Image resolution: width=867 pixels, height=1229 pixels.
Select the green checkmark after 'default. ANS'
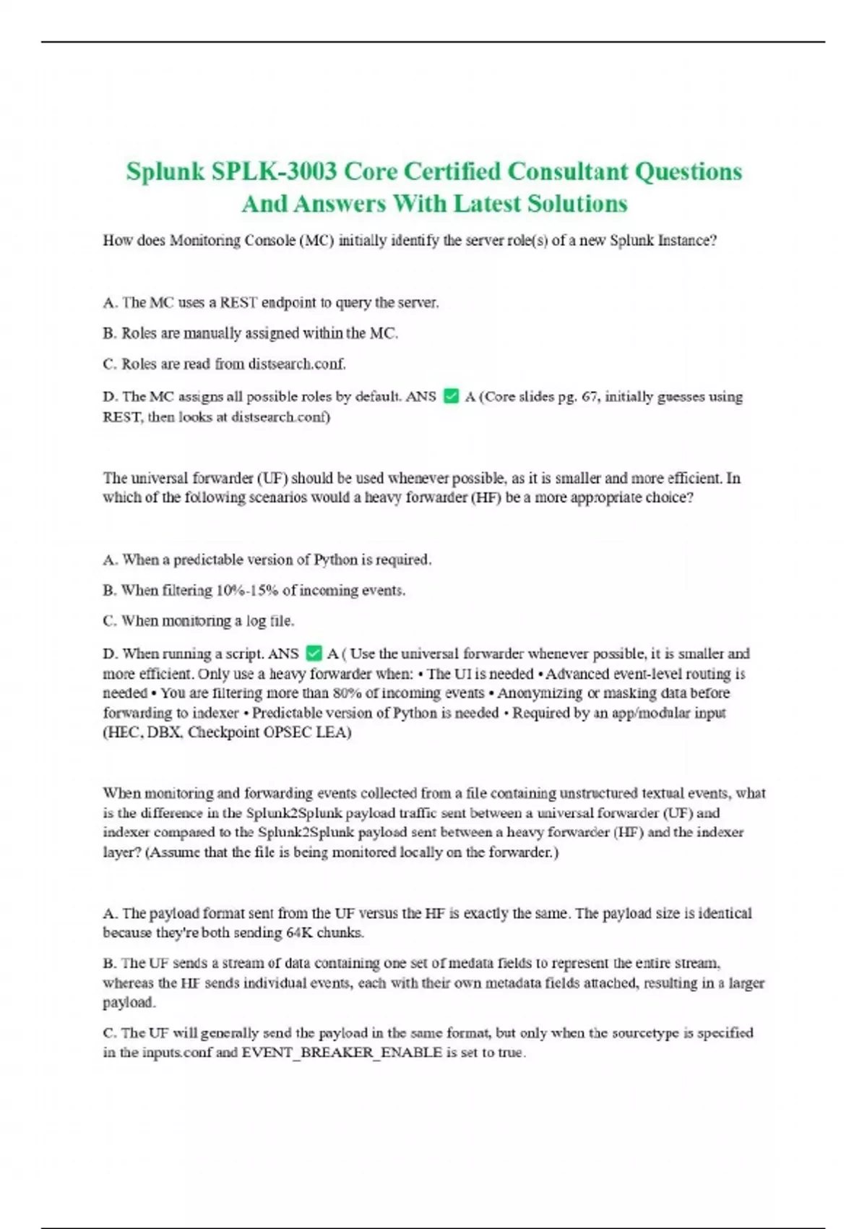point(451,396)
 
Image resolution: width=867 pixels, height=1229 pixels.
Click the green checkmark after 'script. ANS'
point(314,654)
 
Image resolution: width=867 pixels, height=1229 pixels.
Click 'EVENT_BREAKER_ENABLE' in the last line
point(342,1052)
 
